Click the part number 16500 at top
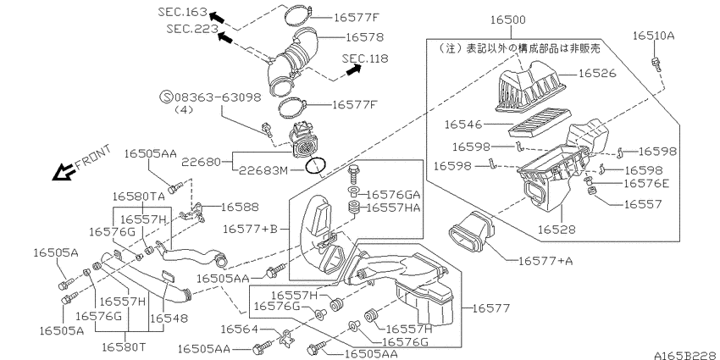pos(508,19)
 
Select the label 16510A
pos(653,36)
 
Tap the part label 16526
pos(597,74)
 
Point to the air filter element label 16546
pos(463,124)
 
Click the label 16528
pos(557,228)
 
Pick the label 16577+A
pos(546,261)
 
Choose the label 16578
pos(364,36)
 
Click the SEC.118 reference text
pos(365,58)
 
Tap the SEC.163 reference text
pos(183,12)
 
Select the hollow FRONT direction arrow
pos(64,172)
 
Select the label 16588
pos(240,207)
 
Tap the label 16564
pos(239,329)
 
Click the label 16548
pos(169,318)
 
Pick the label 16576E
pos(646,184)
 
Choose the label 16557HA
pos(394,208)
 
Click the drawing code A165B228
pos(686,356)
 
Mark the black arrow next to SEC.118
pos(352,69)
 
